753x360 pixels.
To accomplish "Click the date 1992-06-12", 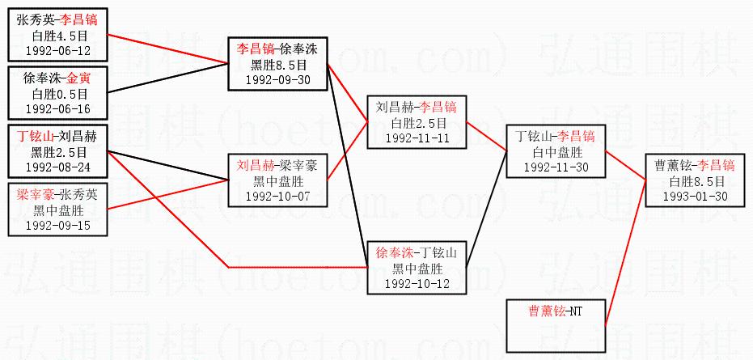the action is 57,50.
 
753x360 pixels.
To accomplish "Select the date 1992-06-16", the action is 57,108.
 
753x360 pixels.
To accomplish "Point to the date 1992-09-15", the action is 57,225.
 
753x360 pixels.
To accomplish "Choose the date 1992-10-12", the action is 417,285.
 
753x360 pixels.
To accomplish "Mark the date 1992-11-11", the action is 417,138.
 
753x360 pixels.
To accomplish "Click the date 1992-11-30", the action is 555,167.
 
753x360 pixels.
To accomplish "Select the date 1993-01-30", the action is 694,196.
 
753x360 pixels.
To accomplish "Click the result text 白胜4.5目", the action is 57,36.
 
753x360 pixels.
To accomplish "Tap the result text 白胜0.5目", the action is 57,94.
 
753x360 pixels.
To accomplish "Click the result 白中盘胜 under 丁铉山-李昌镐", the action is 555,152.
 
